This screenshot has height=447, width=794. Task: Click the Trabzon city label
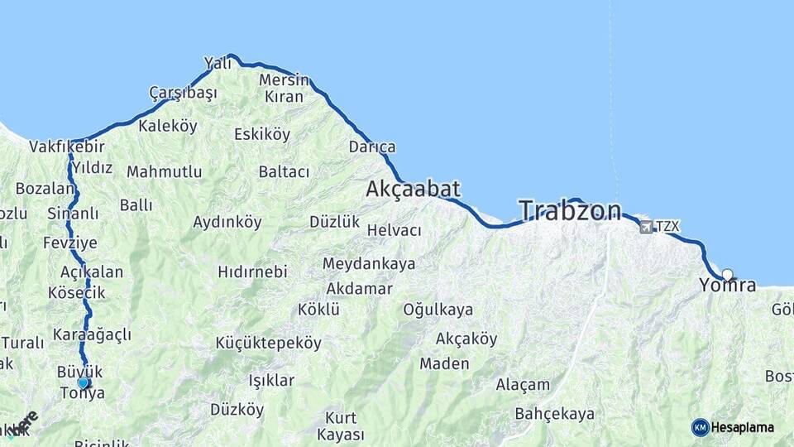coord(570,211)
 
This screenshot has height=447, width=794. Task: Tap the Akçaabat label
coord(413,190)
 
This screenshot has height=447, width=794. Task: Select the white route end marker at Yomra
coord(727,275)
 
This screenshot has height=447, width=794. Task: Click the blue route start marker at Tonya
coord(83,382)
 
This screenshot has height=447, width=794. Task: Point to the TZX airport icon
coord(646,226)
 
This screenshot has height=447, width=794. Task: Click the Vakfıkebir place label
coord(67,147)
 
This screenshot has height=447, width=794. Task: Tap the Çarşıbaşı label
coord(183,93)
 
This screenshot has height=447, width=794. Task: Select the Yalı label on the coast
coord(218,64)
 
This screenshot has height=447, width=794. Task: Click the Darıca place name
coord(372,147)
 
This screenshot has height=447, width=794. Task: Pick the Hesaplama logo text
coord(743,427)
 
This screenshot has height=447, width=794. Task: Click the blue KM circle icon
coord(700,427)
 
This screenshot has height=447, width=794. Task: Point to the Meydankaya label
coord(369,264)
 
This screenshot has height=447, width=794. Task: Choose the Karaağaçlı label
coord(92,334)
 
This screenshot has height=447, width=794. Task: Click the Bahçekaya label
coord(554,413)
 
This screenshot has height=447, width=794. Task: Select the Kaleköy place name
coord(168,127)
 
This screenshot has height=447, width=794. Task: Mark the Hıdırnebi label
coord(252,272)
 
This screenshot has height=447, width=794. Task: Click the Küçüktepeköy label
coord(268,343)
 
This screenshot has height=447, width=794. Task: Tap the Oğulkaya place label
coord(438,310)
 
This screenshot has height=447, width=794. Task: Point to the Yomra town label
coord(728,286)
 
